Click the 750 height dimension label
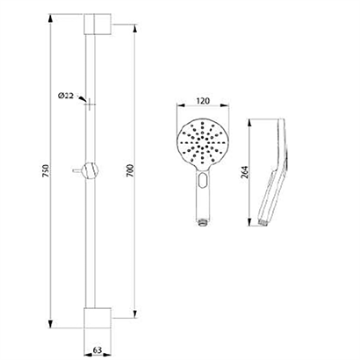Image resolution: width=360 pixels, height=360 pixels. [47, 170]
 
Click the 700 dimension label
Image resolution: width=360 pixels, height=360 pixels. [131, 170]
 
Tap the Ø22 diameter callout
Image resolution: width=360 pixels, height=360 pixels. [66, 96]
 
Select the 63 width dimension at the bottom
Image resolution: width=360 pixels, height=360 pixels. [97, 350]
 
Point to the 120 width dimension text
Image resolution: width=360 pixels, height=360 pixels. [203, 101]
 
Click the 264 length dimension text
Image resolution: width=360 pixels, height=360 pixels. [245, 172]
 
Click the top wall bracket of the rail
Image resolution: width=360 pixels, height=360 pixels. [97, 24]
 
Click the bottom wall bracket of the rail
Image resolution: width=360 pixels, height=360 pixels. [97, 318]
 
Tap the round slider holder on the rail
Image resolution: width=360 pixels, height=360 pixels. [90, 170]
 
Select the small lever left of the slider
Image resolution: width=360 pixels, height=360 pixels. [77, 170]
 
